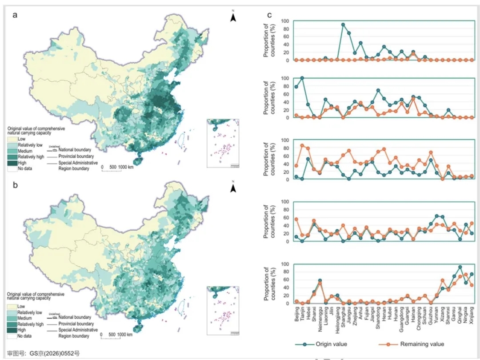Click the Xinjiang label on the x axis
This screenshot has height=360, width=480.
[x=472, y=316]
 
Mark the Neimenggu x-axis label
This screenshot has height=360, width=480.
[x=320, y=317]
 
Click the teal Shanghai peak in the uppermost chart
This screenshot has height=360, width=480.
[x=343, y=24]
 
